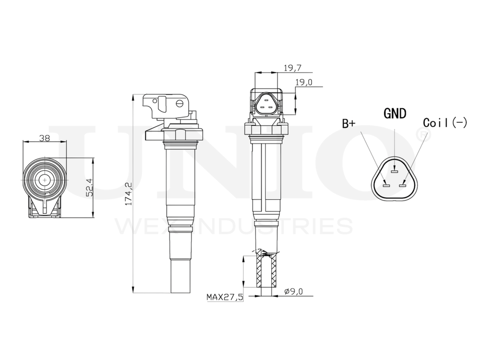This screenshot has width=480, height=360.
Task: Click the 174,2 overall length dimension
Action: (128, 193)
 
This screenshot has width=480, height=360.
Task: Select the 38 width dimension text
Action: (45, 138)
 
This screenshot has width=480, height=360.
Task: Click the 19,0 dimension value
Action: (304, 82)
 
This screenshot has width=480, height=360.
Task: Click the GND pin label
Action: (395, 113)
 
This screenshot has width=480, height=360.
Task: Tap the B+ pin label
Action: (349, 123)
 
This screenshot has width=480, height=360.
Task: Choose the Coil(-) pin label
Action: (445, 122)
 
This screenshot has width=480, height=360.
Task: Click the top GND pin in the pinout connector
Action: (395, 171)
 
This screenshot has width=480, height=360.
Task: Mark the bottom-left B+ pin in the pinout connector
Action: (385, 183)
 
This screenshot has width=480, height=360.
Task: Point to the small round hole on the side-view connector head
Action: (180, 103)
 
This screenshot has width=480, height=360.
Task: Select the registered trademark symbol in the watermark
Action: (421, 134)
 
